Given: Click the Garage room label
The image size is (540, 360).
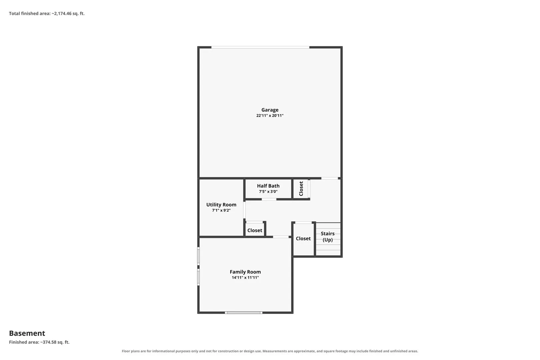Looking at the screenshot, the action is [270, 110].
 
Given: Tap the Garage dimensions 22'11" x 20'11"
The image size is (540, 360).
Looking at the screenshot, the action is [270, 115].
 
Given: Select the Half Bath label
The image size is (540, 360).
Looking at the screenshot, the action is [268, 186].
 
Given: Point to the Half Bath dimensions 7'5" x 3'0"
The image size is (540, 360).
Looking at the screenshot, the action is [268, 191].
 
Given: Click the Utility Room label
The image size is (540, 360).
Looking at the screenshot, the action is [221, 205].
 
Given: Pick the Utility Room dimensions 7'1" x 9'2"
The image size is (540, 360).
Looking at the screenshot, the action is [221, 210].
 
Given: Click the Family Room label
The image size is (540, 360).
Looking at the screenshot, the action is [245, 272].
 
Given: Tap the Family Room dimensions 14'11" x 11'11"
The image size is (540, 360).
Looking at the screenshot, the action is [245, 278].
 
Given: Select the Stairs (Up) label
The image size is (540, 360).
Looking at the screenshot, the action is [328, 237].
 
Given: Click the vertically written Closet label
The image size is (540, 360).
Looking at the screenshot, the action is [301, 189].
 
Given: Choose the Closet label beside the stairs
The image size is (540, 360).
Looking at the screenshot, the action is [303, 238].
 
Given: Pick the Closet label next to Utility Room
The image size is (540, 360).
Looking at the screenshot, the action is [255, 230].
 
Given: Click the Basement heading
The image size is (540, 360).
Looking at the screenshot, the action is [27, 333].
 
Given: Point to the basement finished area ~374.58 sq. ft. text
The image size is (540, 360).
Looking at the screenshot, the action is [39, 342].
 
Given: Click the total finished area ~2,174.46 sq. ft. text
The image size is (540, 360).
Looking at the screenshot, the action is [47, 14].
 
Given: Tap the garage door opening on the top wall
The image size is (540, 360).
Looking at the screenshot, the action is [260, 47].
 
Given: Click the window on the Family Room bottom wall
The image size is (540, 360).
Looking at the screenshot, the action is [244, 313].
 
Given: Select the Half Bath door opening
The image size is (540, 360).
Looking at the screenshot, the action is [269, 199].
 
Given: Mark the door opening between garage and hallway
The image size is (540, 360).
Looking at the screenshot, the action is [330, 178].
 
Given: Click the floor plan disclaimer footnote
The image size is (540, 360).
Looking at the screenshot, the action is [270, 351].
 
